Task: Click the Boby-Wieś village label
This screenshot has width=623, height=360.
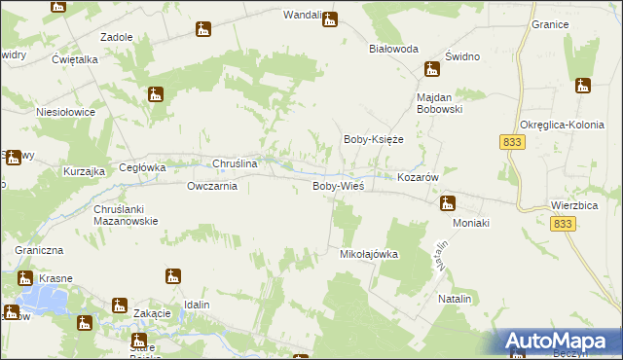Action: pos(338,186)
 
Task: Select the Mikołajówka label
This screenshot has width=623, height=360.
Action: pos(369,254)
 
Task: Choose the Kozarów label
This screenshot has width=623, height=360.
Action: pos(421,178)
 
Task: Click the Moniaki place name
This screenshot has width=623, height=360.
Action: pos(469,223)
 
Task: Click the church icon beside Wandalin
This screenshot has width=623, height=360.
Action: pos(330,18)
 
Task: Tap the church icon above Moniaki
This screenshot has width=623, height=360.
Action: pos(448,202)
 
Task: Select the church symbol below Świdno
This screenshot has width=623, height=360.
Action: pos(431,69)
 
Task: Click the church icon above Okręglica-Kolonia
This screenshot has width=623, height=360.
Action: pos(583,86)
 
